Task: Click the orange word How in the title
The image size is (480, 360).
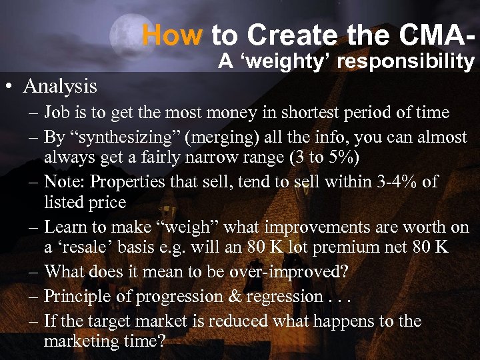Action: point(172,35)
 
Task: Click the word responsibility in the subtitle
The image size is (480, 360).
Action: point(407,62)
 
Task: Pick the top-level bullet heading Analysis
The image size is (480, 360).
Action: point(60,86)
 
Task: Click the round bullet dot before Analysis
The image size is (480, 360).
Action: point(9,87)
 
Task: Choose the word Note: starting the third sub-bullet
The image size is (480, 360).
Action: point(64,182)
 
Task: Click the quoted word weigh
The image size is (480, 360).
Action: point(193,227)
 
